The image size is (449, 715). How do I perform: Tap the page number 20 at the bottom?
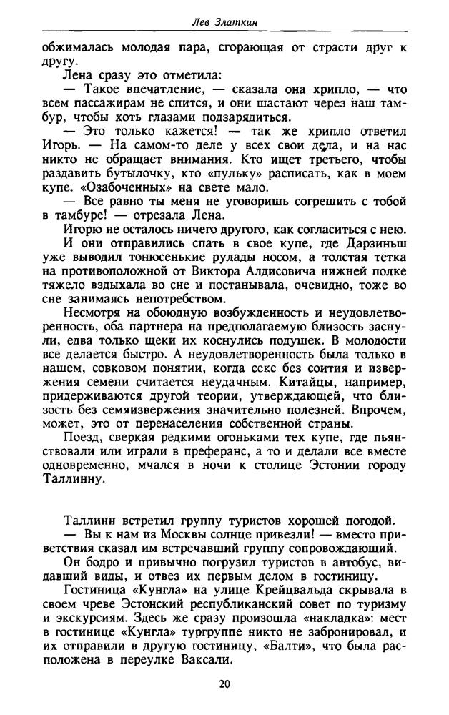224,684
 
